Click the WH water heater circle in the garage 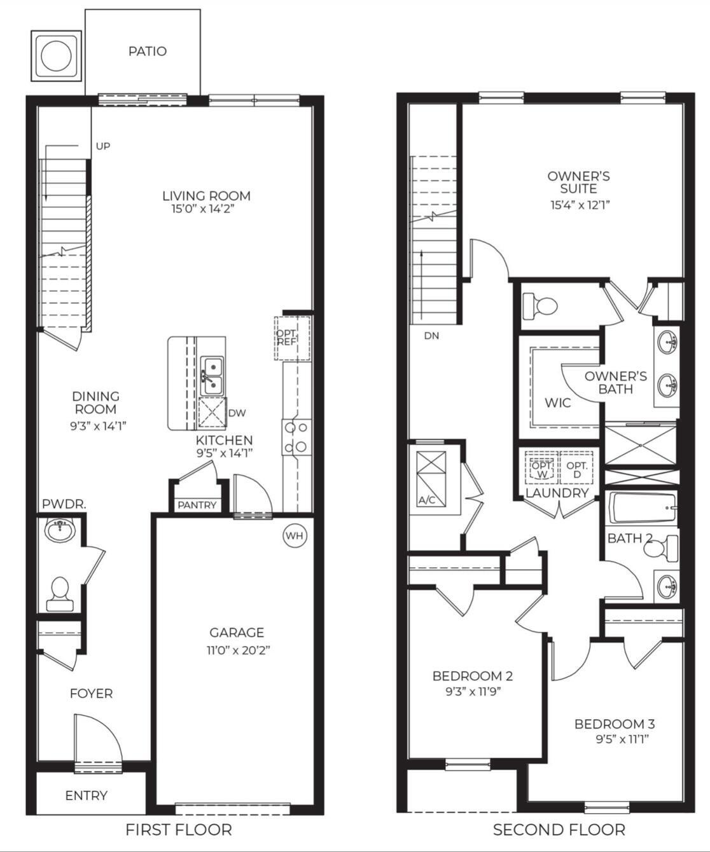click(x=294, y=535)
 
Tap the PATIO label click(x=148, y=51)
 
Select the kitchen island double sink click(x=212, y=375)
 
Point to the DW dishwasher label click(x=237, y=413)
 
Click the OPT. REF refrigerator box click(x=293, y=338)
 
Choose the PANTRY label click(x=197, y=505)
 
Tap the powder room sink click(x=60, y=528)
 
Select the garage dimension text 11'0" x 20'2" click(x=237, y=650)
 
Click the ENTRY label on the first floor click(x=87, y=795)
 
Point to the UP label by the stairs click(x=102, y=146)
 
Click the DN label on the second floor click(x=431, y=336)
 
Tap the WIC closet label click(x=557, y=402)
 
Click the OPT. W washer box click(x=541, y=469)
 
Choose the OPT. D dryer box click(x=577, y=469)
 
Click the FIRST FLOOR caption click(x=178, y=829)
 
